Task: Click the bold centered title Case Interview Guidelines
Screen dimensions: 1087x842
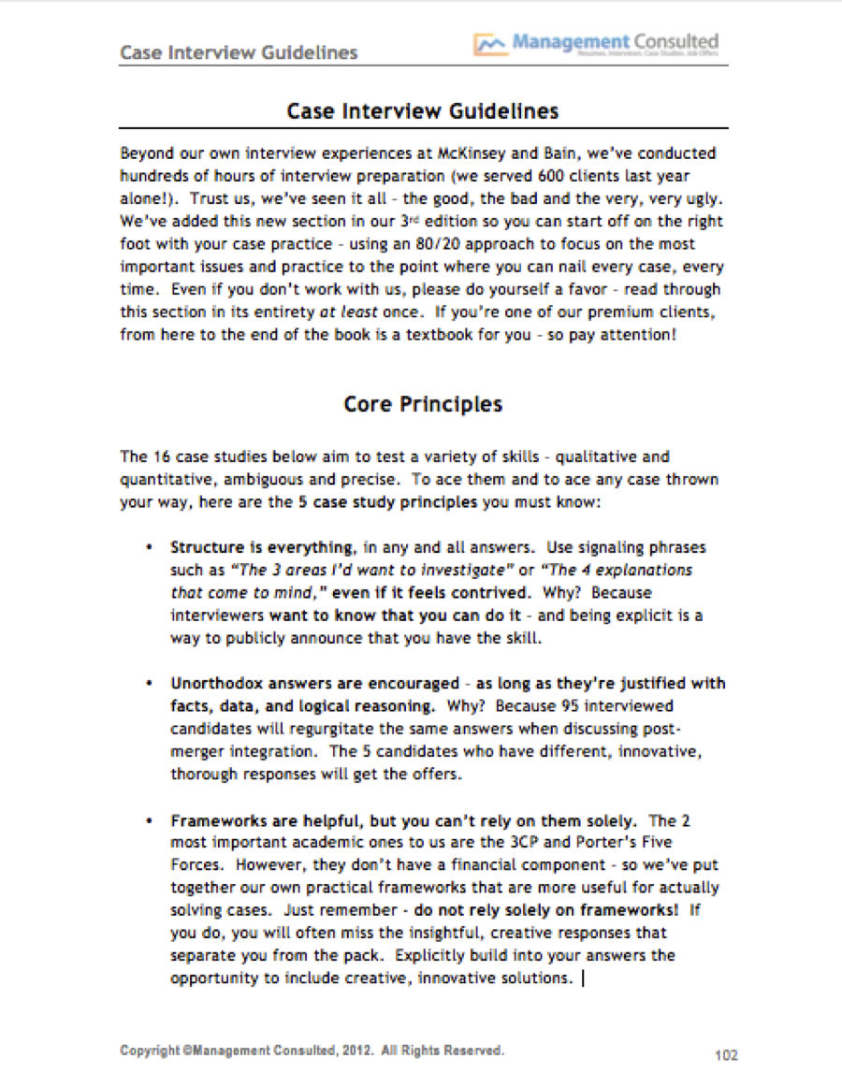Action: tap(423, 111)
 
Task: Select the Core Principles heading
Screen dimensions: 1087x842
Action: tap(423, 404)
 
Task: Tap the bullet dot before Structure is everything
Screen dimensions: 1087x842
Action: tap(150, 547)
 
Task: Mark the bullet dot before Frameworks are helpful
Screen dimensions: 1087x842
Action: tap(150, 820)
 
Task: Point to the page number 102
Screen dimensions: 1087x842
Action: tap(726, 1055)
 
